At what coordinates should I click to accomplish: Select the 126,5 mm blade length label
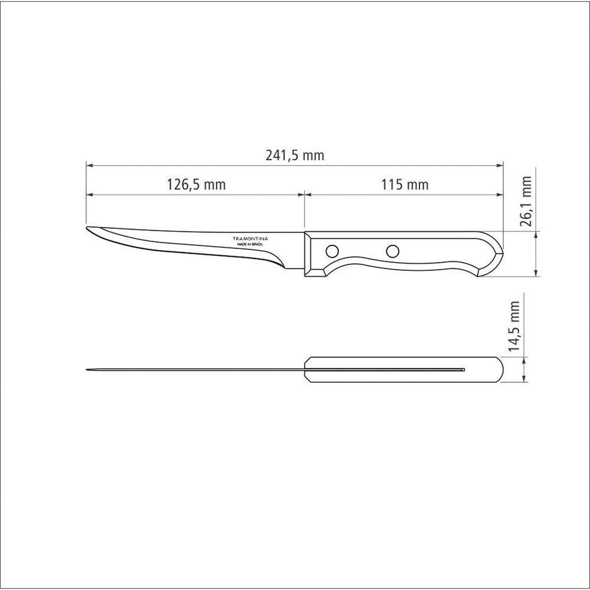[196, 185]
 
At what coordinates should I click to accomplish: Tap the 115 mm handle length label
[404, 185]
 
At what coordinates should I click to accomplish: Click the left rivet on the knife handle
[333, 251]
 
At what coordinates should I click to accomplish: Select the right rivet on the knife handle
[392, 251]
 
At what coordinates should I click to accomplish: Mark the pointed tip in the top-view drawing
[88, 370]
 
